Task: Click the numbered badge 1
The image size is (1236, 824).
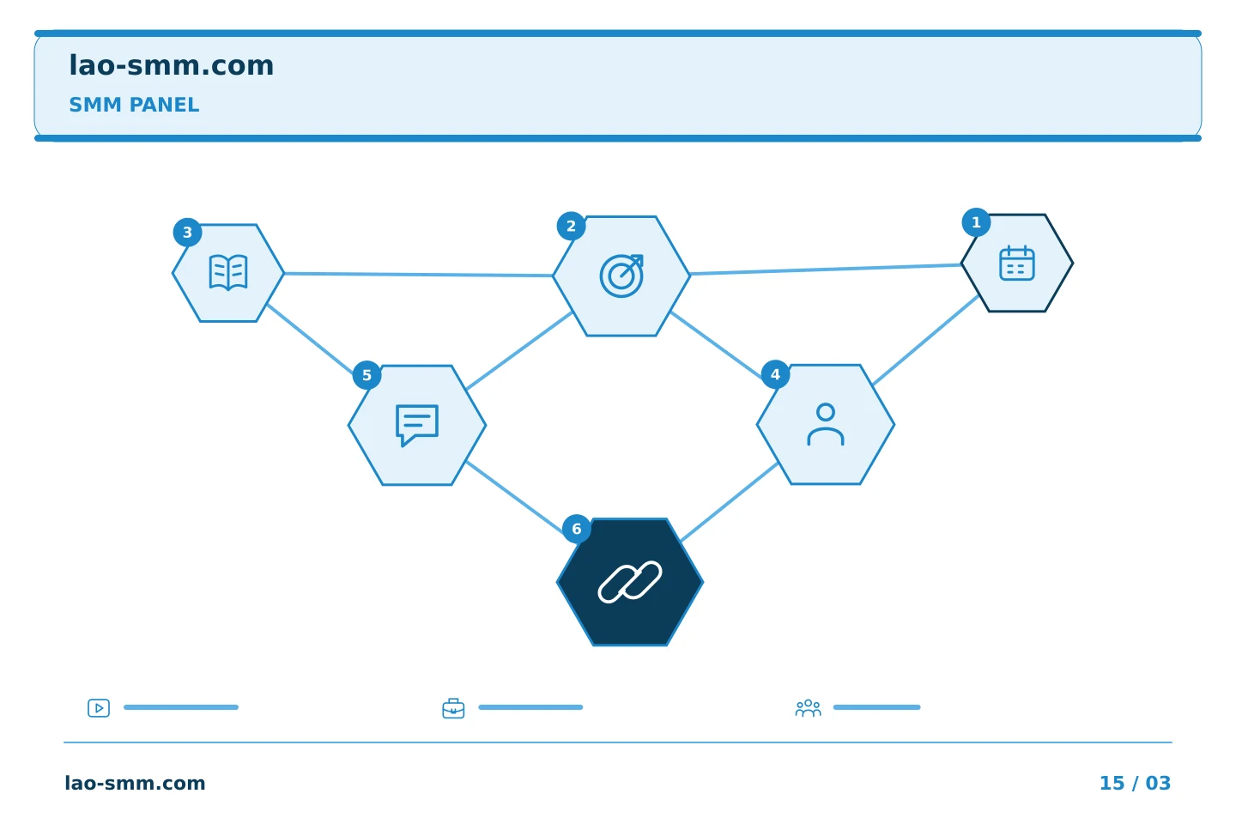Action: [x=976, y=222]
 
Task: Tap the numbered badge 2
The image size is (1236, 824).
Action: [x=571, y=227]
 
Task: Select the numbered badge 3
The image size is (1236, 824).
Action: [x=188, y=233]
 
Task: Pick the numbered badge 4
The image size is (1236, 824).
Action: [x=775, y=375]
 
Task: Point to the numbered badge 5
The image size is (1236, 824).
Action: [x=367, y=375]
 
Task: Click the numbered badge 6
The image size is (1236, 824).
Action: [x=577, y=529]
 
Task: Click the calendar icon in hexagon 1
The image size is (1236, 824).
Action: [x=1017, y=264]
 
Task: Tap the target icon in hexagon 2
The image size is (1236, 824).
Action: [x=621, y=276]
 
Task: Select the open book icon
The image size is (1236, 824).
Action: [x=228, y=272]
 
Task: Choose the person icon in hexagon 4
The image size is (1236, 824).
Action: [x=826, y=424]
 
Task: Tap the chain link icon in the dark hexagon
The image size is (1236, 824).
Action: [x=630, y=582]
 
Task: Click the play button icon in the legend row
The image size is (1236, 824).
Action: [x=99, y=708]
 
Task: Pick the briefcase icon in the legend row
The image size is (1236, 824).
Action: [x=453, y=709]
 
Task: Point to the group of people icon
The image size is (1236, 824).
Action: [x=809, y=708]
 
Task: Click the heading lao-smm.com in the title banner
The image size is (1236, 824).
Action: [x=171, y=66]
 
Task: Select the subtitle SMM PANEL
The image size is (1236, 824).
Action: [x=134, y=105]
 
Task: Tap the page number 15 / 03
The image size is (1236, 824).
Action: [x=1135, y=783]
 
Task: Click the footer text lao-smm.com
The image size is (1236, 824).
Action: [x=136, y=783]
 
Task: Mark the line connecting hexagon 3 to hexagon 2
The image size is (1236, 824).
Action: [x=419, y=275]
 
